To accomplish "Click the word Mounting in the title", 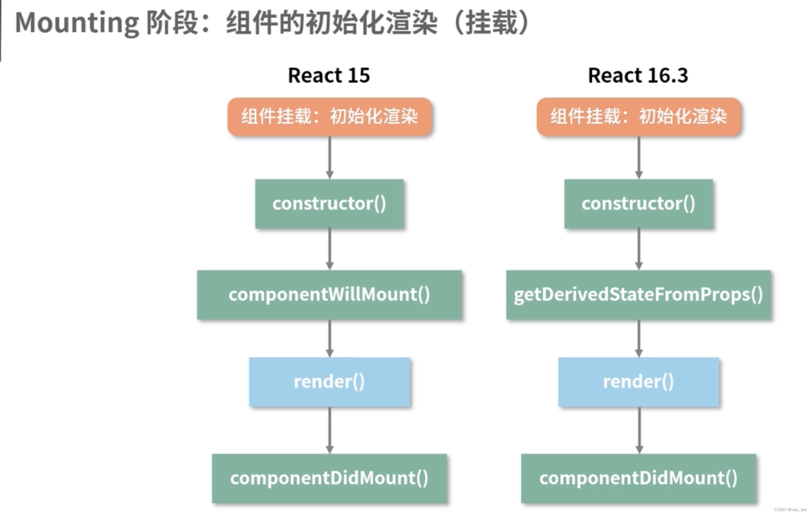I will (77, 23).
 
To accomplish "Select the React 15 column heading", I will (329, 75).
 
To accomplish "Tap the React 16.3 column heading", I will (638, 75).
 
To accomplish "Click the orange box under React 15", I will (330, 117).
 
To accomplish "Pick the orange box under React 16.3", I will (639, 117).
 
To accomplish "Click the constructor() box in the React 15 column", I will (329, 204).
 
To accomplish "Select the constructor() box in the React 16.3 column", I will (639, 204).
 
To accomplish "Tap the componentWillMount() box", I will (329, 294).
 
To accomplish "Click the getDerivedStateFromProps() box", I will (639, 294).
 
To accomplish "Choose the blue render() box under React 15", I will (329, 382).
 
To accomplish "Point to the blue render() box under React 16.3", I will (639, 382).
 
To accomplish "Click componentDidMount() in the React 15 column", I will (329, 478).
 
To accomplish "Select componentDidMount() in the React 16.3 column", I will (639, 478).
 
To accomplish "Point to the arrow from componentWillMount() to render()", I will (330, 338).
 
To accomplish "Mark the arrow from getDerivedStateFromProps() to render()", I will (639, 338).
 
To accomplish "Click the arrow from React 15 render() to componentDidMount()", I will (330, 430).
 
